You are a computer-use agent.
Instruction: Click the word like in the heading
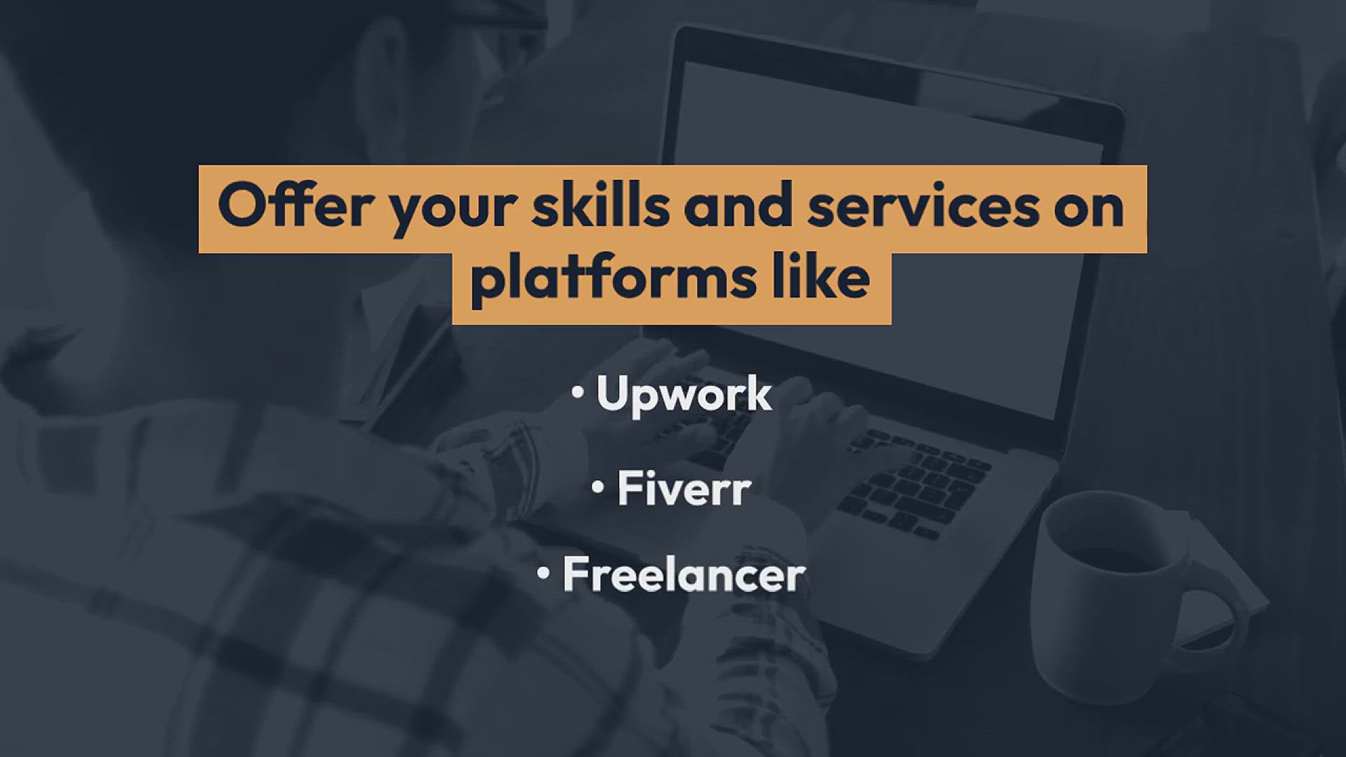821,276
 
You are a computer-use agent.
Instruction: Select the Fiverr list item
684,489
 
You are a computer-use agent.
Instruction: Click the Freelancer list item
684,575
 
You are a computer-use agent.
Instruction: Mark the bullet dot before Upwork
578,393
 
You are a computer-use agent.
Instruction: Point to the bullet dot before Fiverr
598,486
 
